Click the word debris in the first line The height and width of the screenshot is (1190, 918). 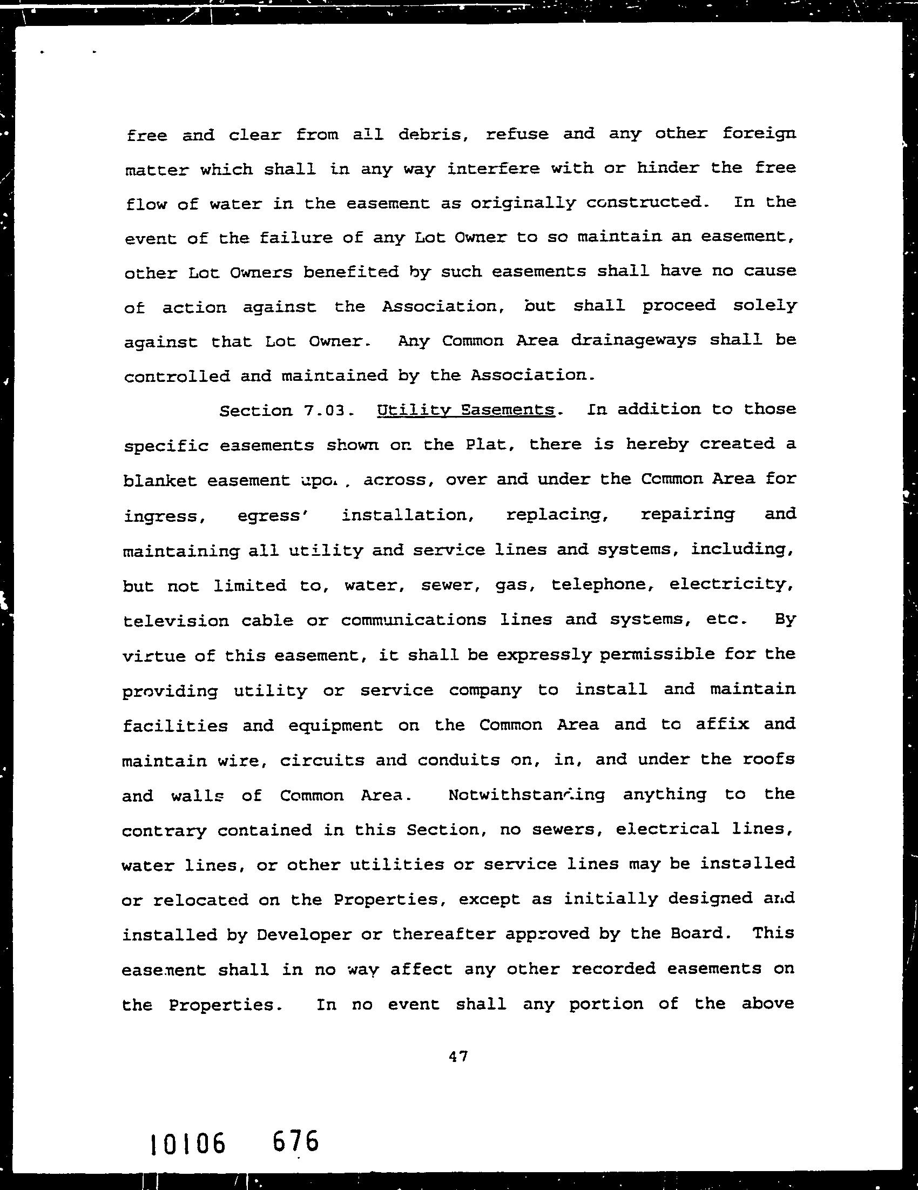(434, 134)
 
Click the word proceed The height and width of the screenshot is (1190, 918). (679, 305)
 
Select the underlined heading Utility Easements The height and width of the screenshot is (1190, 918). (466, 410)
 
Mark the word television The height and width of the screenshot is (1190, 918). (176, 621)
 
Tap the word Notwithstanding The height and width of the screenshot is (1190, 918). (526, 795)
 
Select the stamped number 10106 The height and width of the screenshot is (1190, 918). (187, 1144)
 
